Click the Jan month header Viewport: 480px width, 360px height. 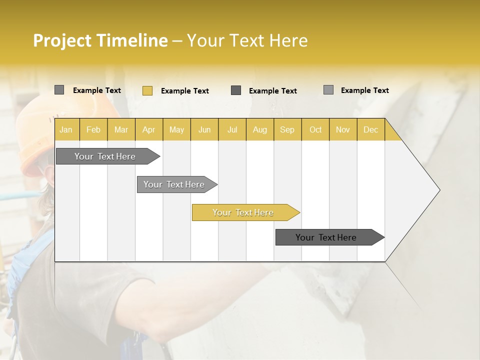[x=66, y=129]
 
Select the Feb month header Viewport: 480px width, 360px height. [x=93, y=129]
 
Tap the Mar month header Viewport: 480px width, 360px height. [x=121, y=129]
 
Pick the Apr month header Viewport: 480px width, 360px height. [x=149, y=129]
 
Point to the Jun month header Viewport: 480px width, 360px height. [x=204, y=129]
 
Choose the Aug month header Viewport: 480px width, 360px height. [x=260, y=129]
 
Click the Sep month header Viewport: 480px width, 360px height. [x=287, y=129]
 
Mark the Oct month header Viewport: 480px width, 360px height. [x=315, y=129]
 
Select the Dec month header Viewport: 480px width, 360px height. [x=371, y=129]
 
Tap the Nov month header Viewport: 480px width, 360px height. [x=343, y=129]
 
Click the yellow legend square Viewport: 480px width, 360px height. [x=147, y=90]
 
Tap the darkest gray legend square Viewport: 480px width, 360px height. [x=236, y=90]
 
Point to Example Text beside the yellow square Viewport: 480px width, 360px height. [x=184, y=90]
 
